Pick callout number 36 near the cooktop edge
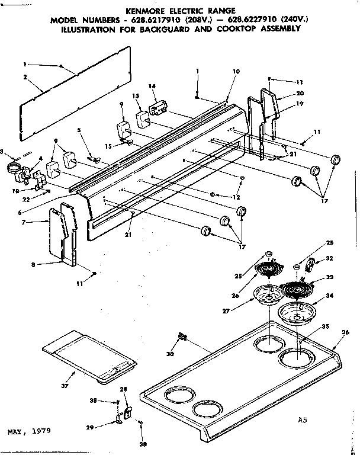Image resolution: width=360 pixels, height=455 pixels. (x=346, y=333)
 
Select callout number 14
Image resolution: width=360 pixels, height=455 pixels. (x=152, y=86)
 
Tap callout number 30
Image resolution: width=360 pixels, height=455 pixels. (x=171, y=354)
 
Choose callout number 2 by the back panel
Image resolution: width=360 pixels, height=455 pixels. (x=25, y=77)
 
